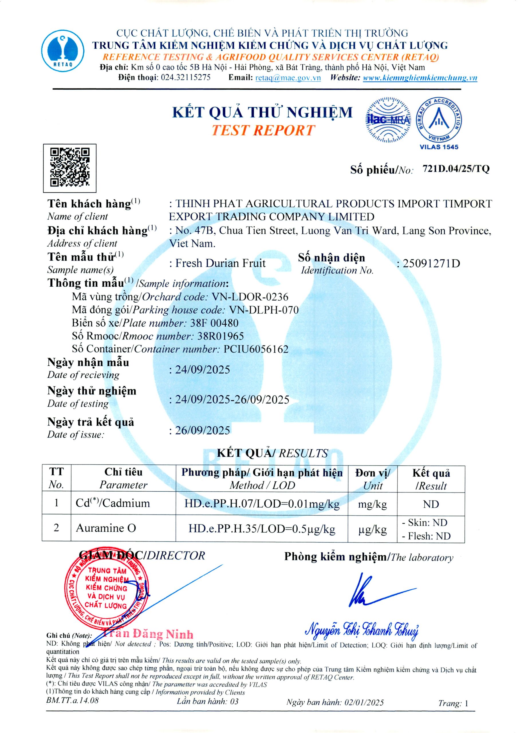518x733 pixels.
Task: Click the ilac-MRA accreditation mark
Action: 388,120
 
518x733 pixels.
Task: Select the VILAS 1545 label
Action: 439,147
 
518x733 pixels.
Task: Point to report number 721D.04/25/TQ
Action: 456,169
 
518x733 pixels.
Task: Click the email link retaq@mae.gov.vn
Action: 288,78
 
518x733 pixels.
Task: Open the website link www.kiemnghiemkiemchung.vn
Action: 419,78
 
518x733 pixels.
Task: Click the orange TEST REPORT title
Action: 263,131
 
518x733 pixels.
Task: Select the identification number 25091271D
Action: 431,264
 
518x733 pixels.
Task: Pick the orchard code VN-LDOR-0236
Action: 250,297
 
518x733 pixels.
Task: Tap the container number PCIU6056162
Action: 256,349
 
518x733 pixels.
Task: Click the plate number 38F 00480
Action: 214,323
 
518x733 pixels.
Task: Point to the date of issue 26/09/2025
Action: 202,430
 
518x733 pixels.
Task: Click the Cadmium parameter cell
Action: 113,503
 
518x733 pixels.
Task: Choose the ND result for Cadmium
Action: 431,504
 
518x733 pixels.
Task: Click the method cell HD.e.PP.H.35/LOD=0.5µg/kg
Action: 261,529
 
